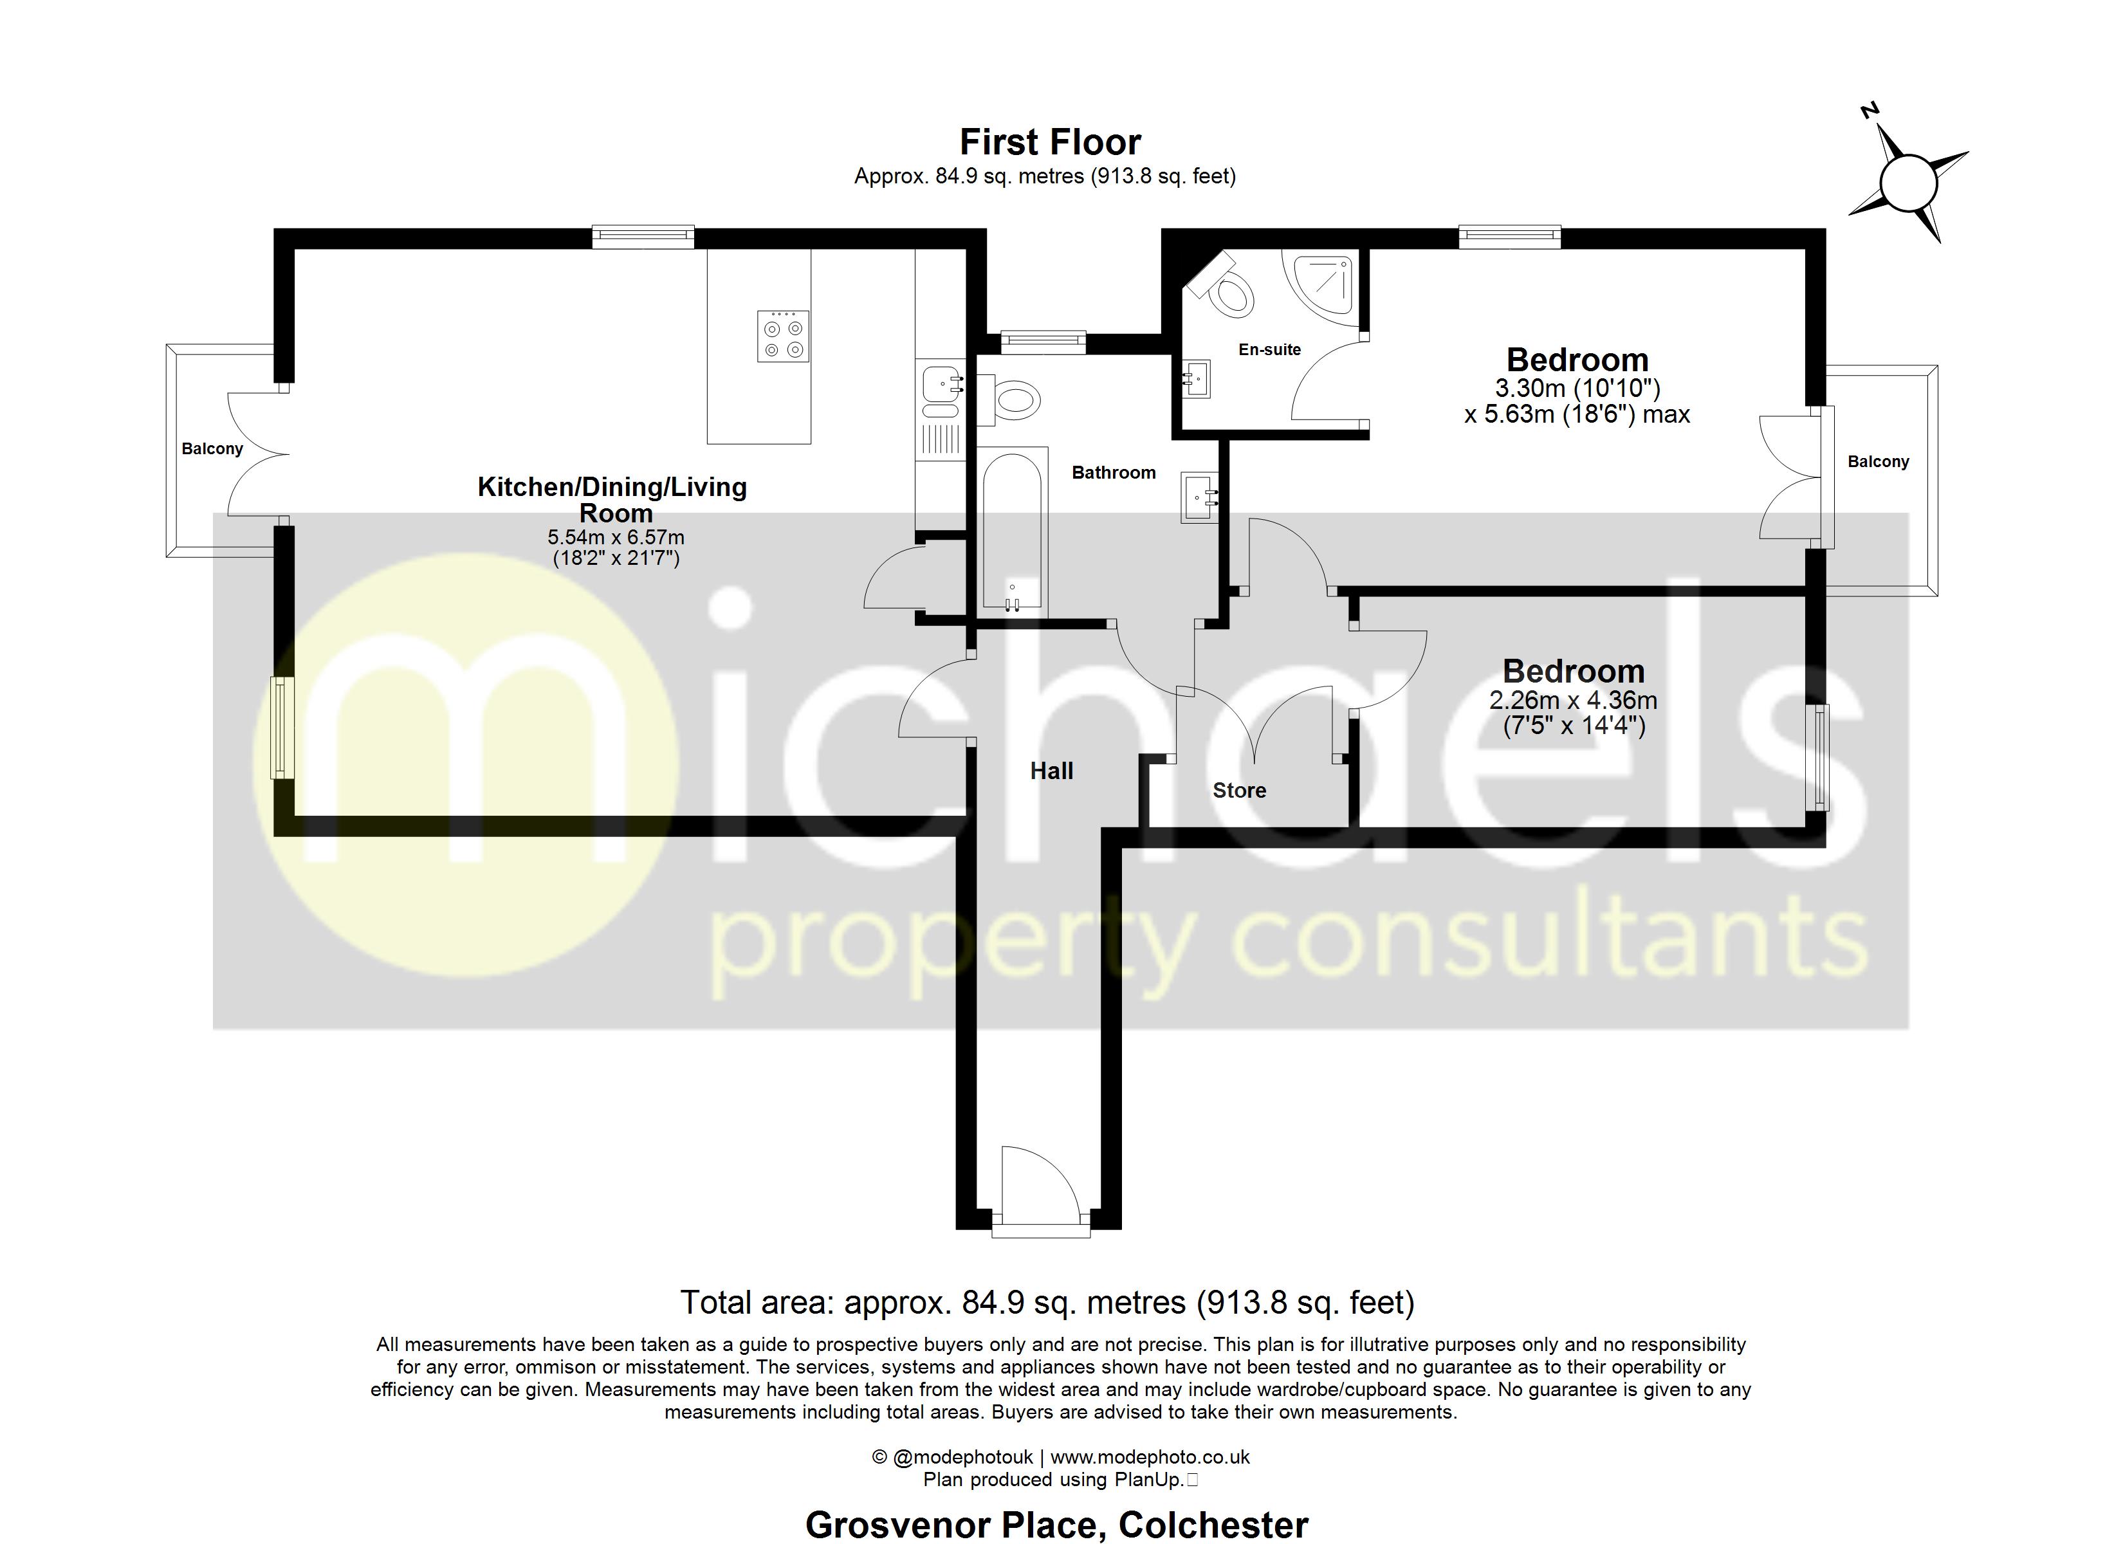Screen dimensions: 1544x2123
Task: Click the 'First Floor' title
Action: (x=1051, y=142)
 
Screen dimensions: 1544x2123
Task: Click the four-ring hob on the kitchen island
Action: (x=782, y=336)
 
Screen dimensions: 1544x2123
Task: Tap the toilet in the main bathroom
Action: (x=1012, y=401)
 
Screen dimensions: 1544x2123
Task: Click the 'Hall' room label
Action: (x=1051, y=771)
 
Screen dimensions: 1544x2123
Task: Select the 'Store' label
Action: (x=1238, y=790)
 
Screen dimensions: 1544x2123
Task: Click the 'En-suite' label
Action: (x=1269, y=349)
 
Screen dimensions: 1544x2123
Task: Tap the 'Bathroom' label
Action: (x=1113, y=473)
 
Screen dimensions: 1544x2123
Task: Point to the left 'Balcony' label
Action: (x=212, y=448)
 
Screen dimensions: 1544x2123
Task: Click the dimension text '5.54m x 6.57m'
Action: (x=615, y=537)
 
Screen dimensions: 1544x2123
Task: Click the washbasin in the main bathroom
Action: (x=1198, y=496)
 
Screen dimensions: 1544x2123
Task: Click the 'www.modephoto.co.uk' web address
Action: (x=1150, y=1457)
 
